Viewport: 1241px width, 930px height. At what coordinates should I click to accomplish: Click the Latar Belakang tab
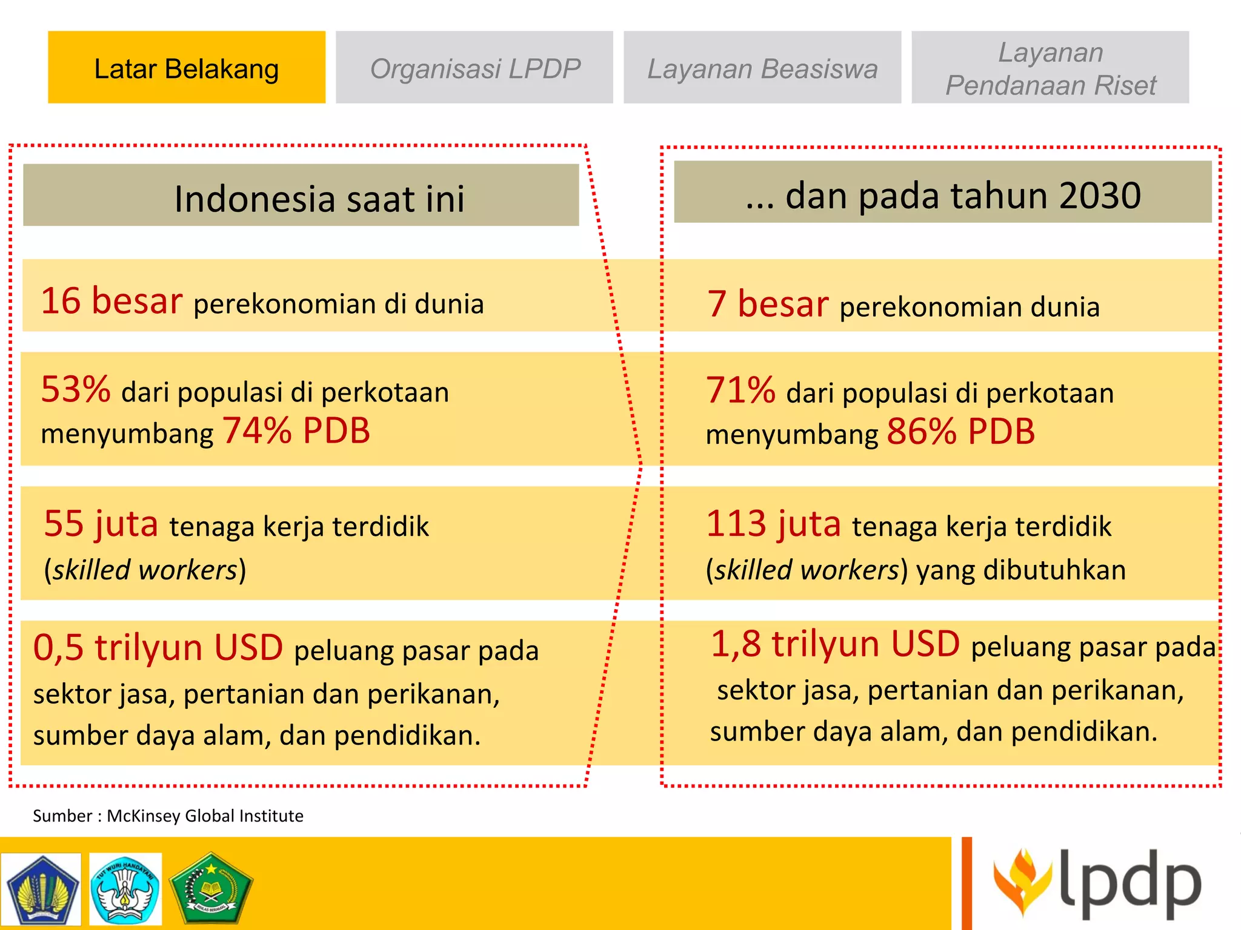187,68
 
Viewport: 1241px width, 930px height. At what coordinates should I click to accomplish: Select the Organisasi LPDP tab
474,68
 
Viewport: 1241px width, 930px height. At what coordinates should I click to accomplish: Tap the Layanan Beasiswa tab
762,68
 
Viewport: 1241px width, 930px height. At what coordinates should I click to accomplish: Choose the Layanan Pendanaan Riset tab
1050,68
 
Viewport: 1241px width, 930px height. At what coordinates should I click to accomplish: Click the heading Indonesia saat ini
319,198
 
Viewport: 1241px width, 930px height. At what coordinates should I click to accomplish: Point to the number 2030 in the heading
1100,196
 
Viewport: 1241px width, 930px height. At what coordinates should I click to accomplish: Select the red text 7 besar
768,303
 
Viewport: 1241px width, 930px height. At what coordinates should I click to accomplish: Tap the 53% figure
76,389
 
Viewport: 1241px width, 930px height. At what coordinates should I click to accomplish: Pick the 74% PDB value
296,431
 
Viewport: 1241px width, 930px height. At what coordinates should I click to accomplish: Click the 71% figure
740,391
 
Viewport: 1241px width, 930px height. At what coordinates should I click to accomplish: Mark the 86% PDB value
961,432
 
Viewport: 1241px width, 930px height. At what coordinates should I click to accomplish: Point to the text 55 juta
101,524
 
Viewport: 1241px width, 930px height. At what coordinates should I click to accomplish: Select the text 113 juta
773,524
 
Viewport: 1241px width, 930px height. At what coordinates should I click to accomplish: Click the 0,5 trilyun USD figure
158,647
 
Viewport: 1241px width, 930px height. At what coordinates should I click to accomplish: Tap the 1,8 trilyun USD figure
835,644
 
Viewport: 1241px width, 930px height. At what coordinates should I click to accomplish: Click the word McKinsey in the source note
144,816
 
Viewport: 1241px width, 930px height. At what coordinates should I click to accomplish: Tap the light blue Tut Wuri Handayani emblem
125,889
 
